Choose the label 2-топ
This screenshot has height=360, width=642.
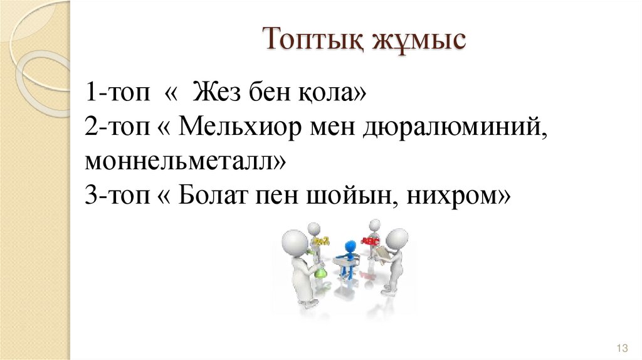coord(119,127)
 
